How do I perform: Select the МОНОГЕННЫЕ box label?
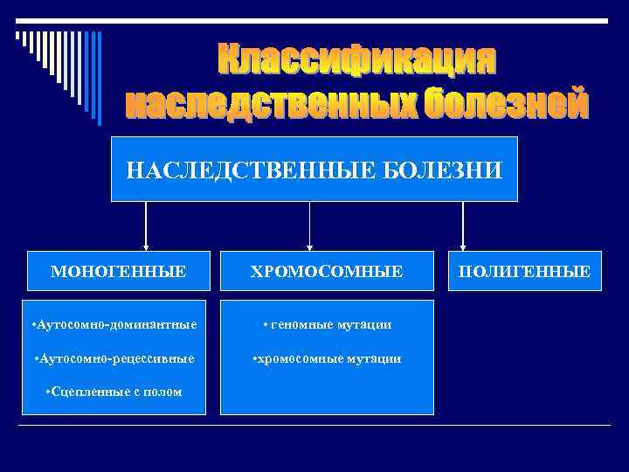point(118,272)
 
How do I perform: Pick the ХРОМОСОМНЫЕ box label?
point(327,272)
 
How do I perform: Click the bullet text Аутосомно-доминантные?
point(114,324)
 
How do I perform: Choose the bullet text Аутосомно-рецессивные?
point(114,358)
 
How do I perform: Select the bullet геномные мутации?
point(327,324)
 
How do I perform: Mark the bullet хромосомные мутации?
point(327,358)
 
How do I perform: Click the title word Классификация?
point(356,60)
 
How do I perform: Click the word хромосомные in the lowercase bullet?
point(298,358)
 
